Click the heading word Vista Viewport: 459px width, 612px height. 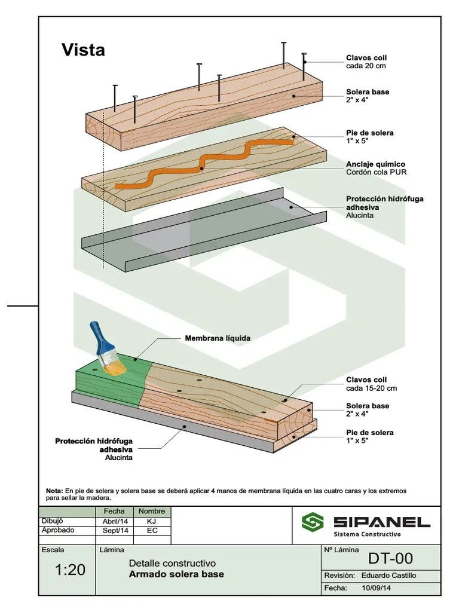click(x=83, y=50)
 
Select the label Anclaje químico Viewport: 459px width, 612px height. click(x=375, y=164)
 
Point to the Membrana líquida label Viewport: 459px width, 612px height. click(x=218, y=338)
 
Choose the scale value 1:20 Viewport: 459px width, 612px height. click(x=70, y=570)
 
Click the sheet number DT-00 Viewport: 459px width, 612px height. click(x=390, y=558)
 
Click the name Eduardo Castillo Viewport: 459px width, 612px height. click(x=388, y=576)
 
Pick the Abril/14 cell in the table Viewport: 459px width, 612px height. click(x=114, y=521)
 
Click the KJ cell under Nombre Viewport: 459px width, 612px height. click(x=151, y=521)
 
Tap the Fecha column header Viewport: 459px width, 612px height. click(x=114, y=512)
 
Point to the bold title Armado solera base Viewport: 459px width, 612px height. click(x=176, y=574)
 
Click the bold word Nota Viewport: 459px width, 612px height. click(x=54, y=491)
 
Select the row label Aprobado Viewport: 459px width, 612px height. click(x=58, y=530)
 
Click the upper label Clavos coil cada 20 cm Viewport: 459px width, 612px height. click(x=366, y=62)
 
